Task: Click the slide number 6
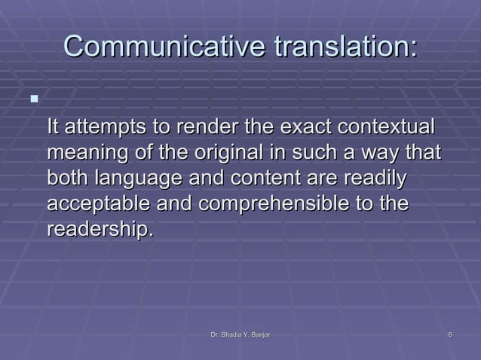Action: [449, 334]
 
